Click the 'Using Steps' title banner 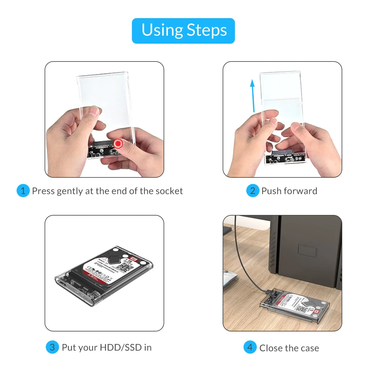(183, 31)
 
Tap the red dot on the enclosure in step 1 (118, 144)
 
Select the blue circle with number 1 (23, 191)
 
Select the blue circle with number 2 (252, 191)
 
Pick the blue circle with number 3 (52, 347)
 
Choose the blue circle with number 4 (250, 347)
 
